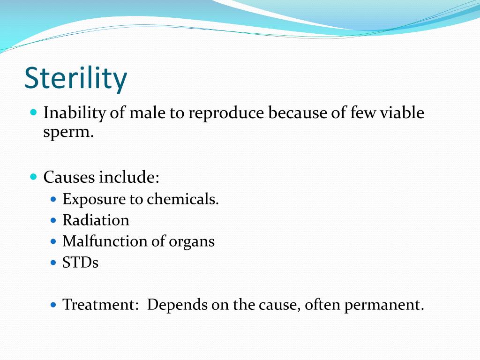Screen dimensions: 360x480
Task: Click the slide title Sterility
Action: (x=75, y=78)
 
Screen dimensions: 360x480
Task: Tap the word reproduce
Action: (x=226, y=114)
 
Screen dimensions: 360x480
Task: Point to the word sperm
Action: (x=68, y=133)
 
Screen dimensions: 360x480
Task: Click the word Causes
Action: (x=69, y=178)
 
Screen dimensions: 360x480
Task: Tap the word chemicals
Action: (x=183, y=199)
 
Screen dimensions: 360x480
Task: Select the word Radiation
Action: (x=96, y=220)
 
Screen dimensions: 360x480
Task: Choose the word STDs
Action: (x=81, y=262)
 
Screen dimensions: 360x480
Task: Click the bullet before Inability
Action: (x=33, y=113)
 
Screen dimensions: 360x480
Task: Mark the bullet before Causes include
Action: (x=33, y=177)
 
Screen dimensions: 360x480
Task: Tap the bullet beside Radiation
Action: (x=53, y=220)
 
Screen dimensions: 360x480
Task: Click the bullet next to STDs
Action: (x=53, y=262)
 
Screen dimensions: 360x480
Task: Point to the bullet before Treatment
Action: (x=53, y=305)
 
